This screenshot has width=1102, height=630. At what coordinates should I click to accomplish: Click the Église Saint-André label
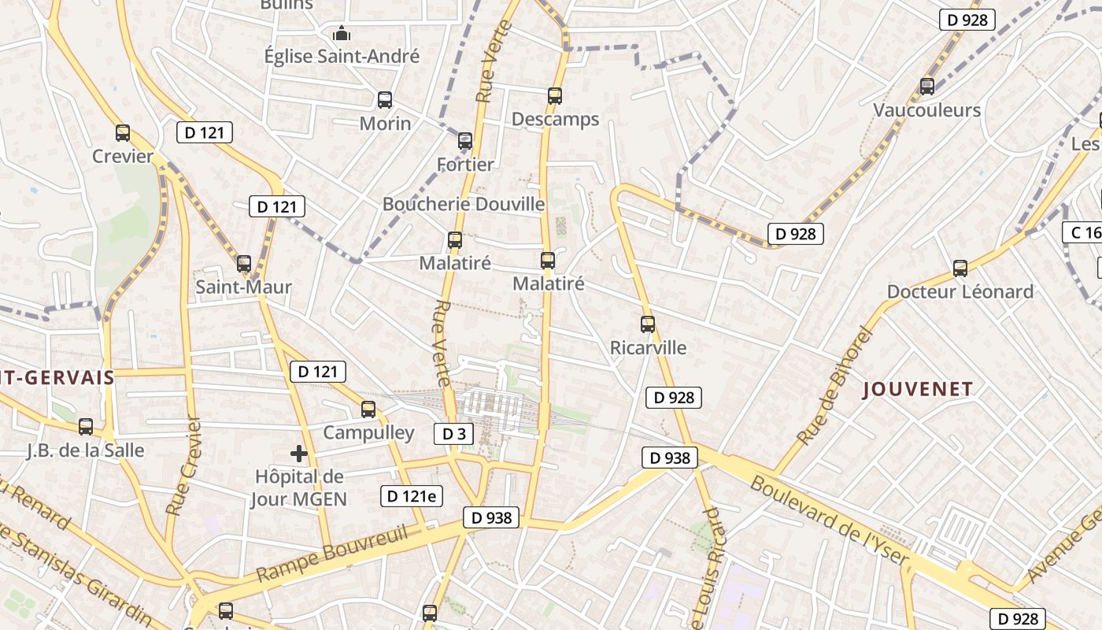point(342,56)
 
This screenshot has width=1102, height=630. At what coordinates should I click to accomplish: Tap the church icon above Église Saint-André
point(342,33)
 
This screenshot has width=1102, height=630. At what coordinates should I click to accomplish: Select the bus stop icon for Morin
point(385,100)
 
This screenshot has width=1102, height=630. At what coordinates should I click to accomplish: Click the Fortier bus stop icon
point(465,142)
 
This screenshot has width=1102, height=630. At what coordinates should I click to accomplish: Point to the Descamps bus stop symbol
point(555,96)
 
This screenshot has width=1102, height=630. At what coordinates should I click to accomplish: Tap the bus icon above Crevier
point(123,133)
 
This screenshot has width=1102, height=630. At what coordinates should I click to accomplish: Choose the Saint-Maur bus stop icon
point(244,264)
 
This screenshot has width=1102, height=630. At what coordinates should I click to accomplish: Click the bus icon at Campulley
point(368,409)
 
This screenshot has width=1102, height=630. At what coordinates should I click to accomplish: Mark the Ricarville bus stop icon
point(648,324)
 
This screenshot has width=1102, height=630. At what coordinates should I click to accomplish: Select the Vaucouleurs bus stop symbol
point(927,87)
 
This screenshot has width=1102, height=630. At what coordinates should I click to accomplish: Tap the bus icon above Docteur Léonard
point(960,269)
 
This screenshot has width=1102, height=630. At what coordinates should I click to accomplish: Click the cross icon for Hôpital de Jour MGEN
point(299,454)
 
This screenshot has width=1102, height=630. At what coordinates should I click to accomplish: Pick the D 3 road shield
point(454,433)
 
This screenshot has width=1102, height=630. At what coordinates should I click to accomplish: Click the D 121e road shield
point(412,496)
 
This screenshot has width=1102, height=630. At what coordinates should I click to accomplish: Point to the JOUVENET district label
point(918,389)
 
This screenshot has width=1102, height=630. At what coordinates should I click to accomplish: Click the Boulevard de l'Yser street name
point(830,521)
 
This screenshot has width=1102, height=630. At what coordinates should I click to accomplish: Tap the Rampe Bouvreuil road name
point(332,555)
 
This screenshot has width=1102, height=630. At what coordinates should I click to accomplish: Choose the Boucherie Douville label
point(464,204)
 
